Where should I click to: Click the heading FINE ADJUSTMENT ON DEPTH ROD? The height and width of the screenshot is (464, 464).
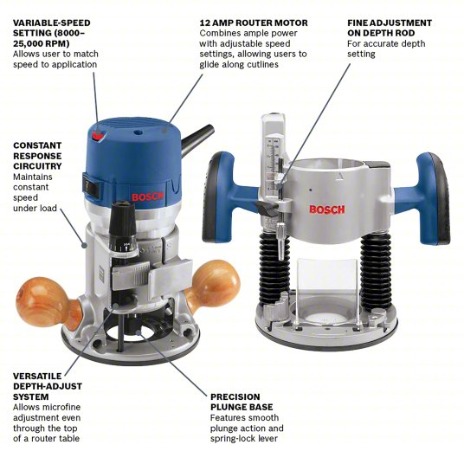(389, 29)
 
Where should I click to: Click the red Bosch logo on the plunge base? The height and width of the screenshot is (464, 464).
(326, 209)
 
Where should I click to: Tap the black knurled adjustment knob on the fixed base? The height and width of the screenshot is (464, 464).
(120, 213)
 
